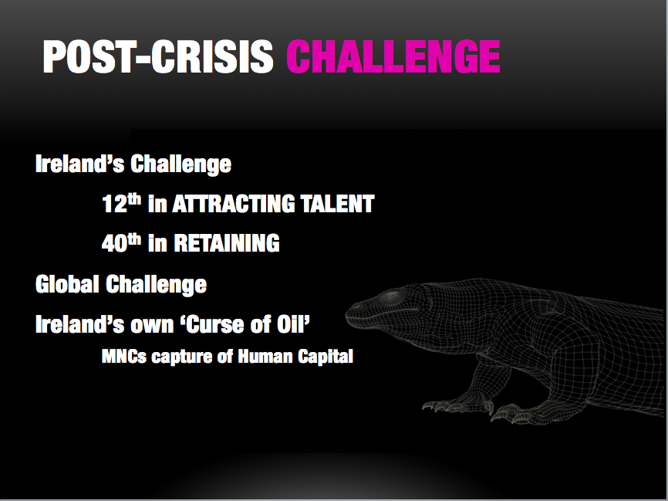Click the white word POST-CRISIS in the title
click(158, 56)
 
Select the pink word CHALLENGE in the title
click(393, 56)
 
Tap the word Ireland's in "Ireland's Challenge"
click(79, 164)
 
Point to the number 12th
click(121, 203)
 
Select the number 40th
click(121, 243)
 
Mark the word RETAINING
click(227, 243)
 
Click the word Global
click(67, 284)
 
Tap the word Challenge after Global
click(157, 285)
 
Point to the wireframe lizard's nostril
click(355, 306)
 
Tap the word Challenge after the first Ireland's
click(181, 164)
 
